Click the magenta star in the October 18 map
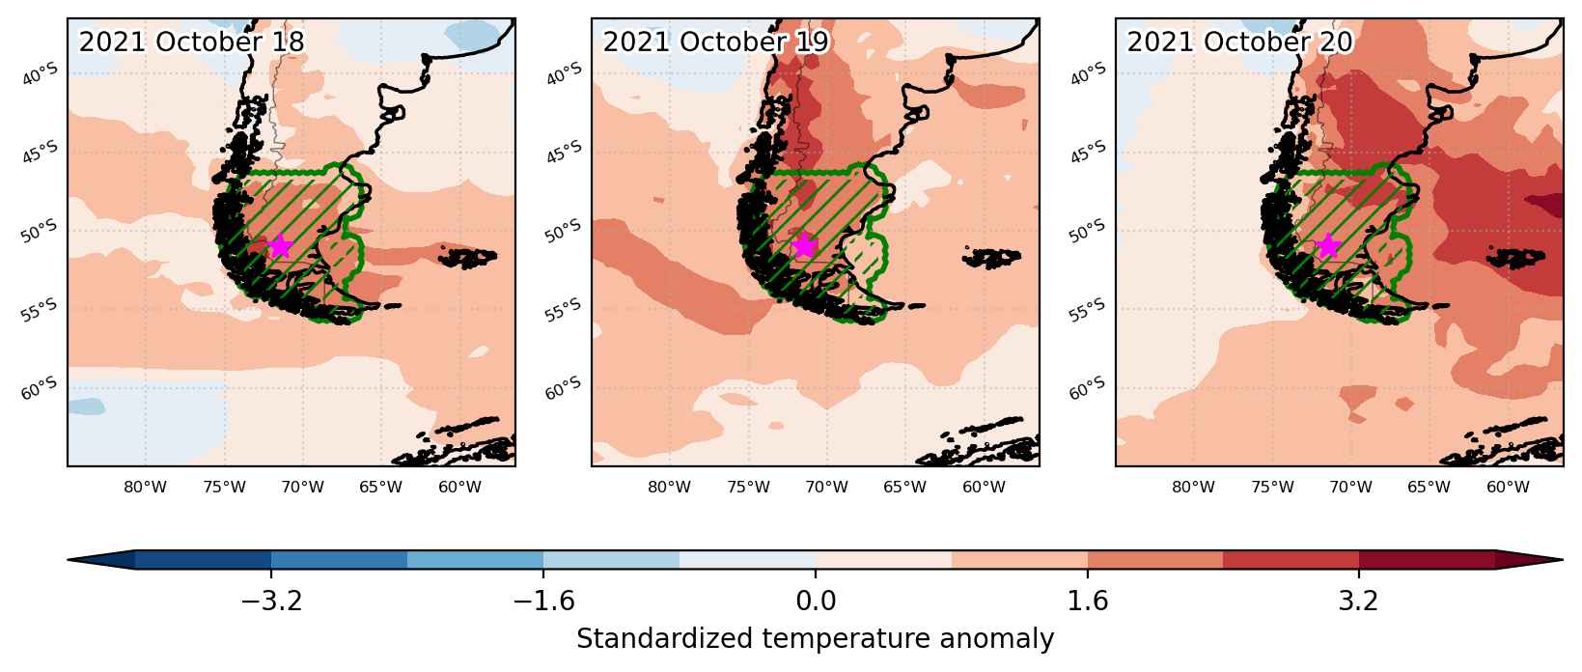tap(280, 246)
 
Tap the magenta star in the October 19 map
tap(804, 246)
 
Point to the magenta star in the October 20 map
tap(1328, 246)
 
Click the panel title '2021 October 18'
tap(191, 42)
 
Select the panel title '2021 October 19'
tap(715, 42)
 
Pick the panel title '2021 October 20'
tap(1239, 42)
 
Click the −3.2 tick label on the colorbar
tap(271, 601)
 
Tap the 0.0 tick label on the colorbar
tap(816, 601)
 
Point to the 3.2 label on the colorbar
tap(1359, 601)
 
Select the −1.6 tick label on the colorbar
tap(543, 601)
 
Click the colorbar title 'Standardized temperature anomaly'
tap(815, 639)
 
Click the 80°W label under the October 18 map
tap(145, 487)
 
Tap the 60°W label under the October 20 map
tap(1508, 487)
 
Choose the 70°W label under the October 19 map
tap(826, 487)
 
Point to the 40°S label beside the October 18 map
tap(40, 74)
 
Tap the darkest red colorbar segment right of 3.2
tap(1427, 560)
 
